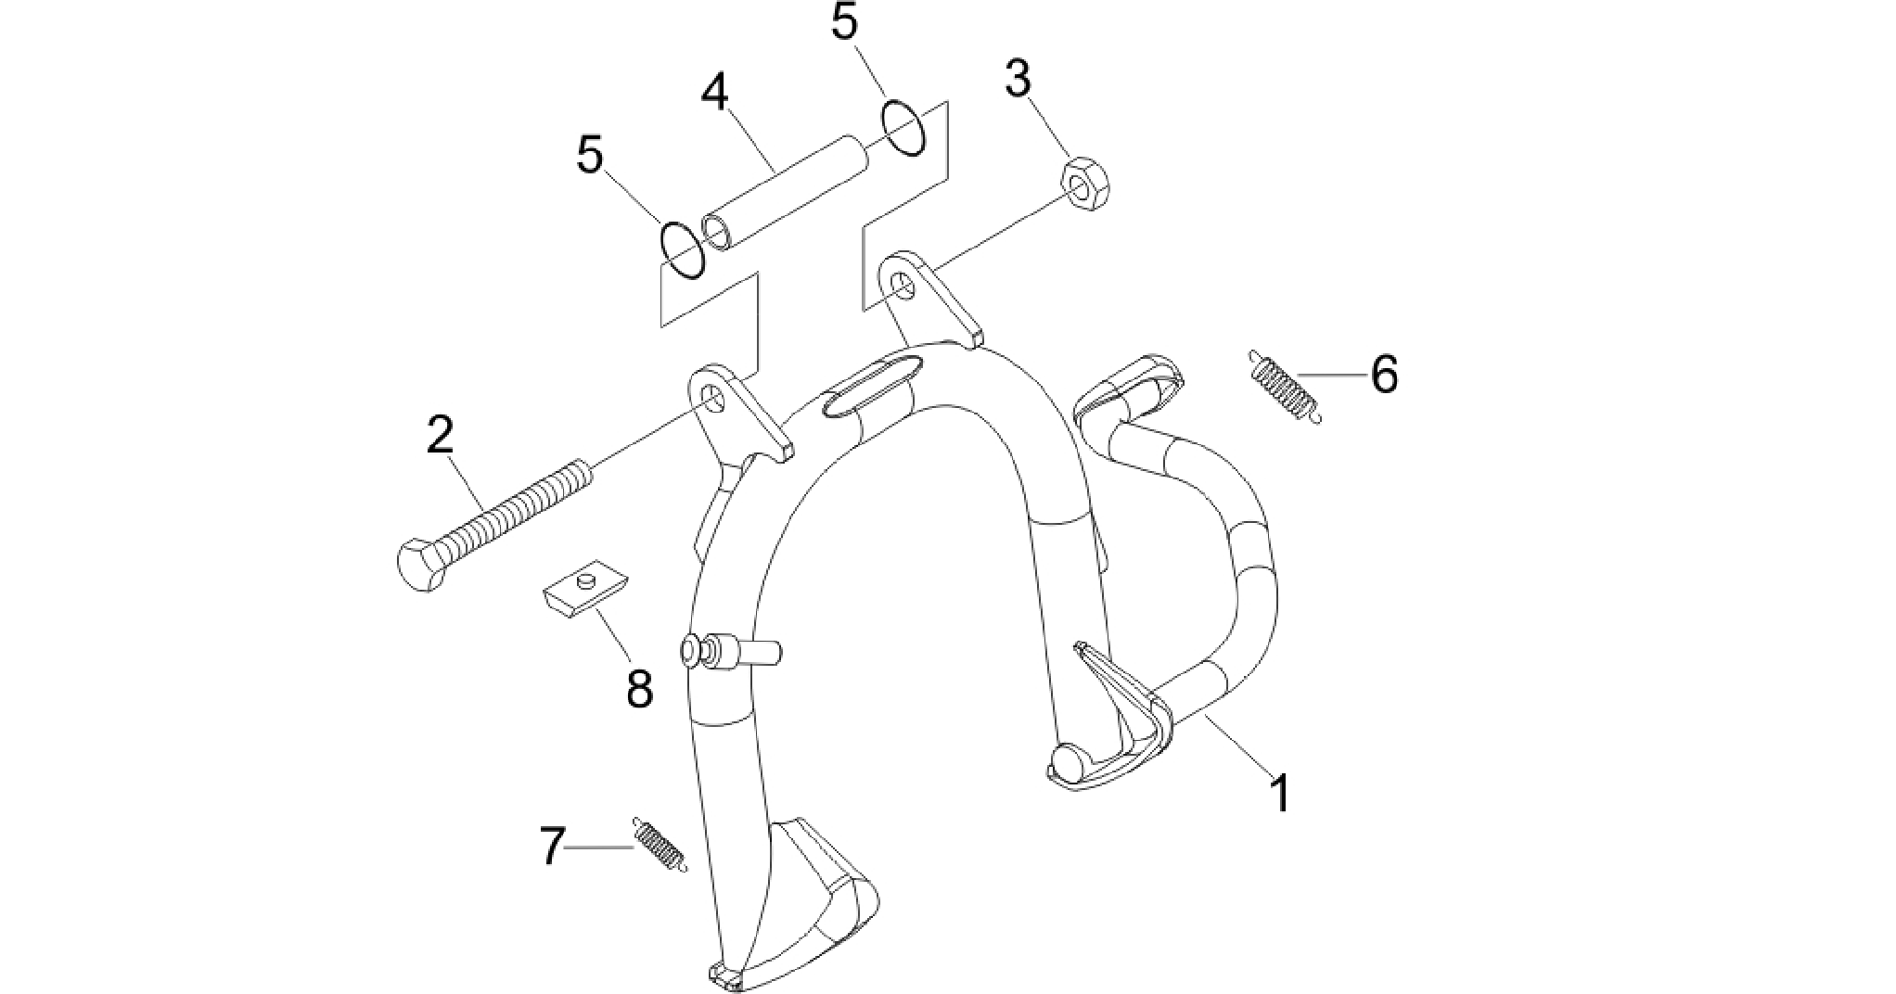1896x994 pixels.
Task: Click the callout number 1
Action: pos(1280,794)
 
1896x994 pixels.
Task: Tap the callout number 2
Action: pos(440,435)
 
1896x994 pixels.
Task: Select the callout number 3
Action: pos(1018,80)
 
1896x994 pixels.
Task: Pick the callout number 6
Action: pos(1383,376)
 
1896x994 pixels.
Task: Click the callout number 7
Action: pos(553,847)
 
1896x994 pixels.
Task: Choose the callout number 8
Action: pos(639,689)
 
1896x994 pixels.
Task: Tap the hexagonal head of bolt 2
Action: pos(426,564)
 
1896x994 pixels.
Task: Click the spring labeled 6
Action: pos(1284,386)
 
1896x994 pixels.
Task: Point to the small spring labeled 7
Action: pos(660,844)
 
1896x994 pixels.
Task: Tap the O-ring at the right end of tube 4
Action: pos(903,129)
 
